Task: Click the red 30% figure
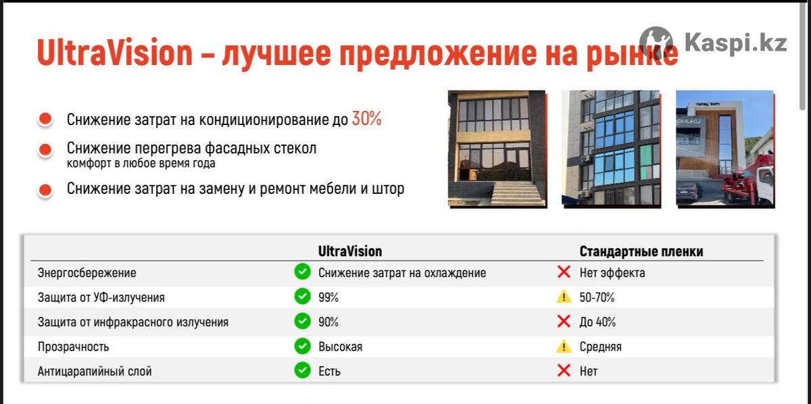point(366,119)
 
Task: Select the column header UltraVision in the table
point(350,251)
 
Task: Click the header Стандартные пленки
point(641,251)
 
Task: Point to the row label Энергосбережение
point(87,272)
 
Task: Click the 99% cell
point(328,297)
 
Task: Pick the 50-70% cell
point(597,297)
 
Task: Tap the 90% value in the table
point(328,322)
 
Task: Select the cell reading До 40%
point(597,322)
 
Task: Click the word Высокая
point(341,347)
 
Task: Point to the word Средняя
point(601,347)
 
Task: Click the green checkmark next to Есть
point(302,370)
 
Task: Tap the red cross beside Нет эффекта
point(564,272)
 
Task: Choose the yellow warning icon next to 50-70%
point(564,297)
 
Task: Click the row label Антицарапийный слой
point(95,371)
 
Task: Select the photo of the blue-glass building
point(611,148)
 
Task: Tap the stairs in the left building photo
point(519,194)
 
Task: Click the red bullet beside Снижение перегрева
point(45,149)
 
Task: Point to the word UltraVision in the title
point(114,53)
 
